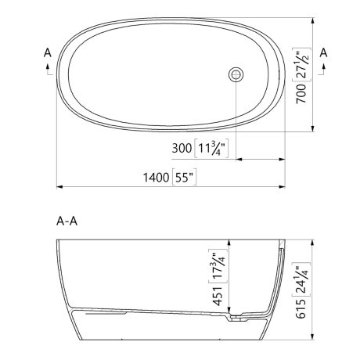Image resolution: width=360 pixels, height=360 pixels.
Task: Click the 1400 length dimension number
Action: [156, 178]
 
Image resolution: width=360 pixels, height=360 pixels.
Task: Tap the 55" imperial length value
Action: [184, 178]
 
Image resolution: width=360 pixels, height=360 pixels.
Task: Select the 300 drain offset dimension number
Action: [182, 148]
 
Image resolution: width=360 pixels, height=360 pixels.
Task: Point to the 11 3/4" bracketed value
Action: [211, 148]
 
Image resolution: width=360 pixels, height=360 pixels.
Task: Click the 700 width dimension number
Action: [301, 93]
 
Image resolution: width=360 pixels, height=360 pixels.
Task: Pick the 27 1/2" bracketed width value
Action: [301, 65]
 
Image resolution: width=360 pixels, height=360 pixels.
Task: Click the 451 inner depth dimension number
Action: [218, 296]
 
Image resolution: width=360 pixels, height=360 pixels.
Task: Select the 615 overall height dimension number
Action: [301, 308]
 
